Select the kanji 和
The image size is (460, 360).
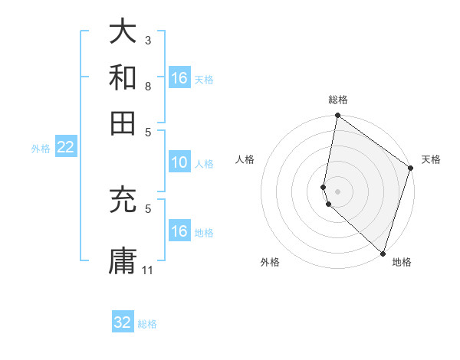click(x=123, y=77)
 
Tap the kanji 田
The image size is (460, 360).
click(x=123, y=122)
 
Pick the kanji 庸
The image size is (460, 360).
click(x=123, y=259)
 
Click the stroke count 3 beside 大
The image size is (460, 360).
click(x=148, y=40)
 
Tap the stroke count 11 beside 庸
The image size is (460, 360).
click(x=149, y=270)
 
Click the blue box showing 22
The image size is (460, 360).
click(x=65, y=148)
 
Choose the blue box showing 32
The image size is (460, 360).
click(x=123, y=322)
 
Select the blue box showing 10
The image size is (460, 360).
click(x=179, y=162)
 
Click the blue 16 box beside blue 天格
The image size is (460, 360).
click(x=179, y=78)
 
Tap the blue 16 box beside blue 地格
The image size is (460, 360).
click(x=179, y=231)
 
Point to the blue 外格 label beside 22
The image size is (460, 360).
click(x=41, y=149)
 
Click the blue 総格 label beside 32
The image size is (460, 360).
click(x=147, y=324)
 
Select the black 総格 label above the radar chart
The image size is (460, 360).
click(x=337, y=100)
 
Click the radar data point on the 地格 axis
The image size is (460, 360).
click(x=383, y=254)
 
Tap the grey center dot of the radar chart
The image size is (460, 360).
click(x=337, y=191)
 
